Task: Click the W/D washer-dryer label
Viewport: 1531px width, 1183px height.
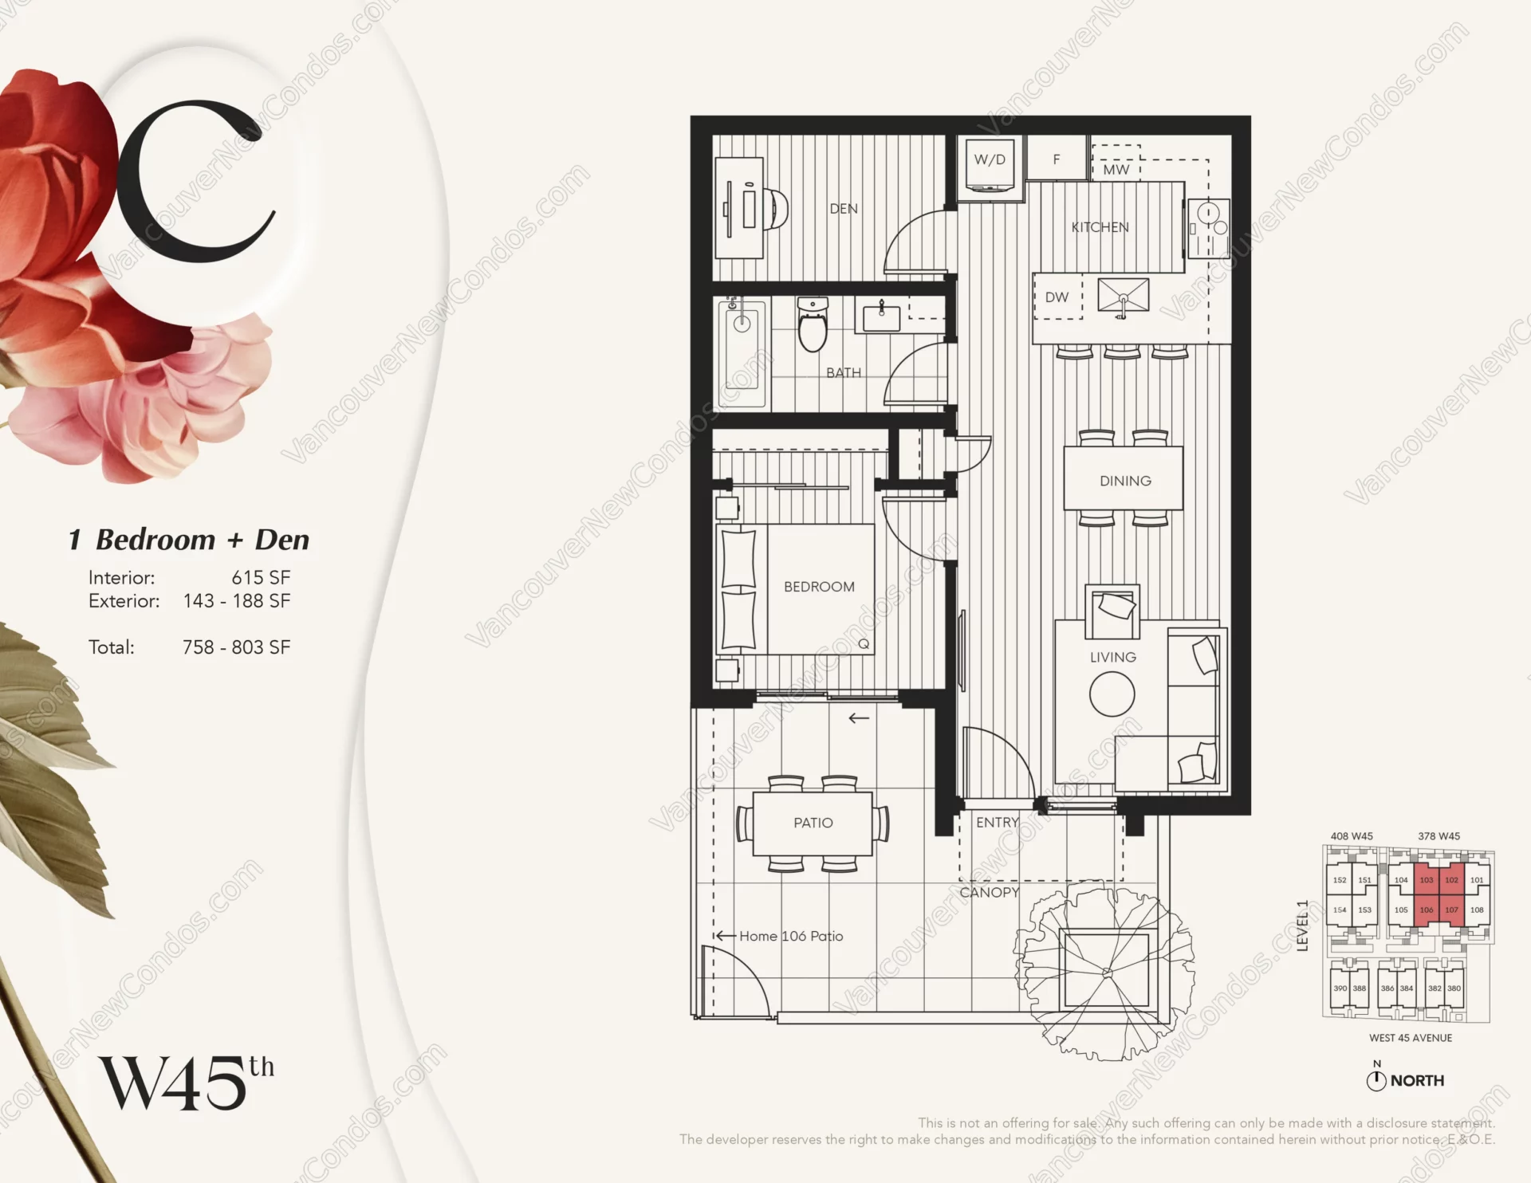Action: coord(990,159)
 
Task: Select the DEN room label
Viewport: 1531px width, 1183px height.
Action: coord(844,209)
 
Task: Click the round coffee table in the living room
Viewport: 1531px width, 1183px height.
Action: coord(1112,694)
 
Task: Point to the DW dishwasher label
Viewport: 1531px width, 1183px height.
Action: coord(1057,297)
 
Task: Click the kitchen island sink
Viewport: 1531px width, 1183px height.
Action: coord(1123,296)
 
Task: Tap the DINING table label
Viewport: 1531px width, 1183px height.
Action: coord(1125,481)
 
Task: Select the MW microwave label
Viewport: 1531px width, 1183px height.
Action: coord(1116,170)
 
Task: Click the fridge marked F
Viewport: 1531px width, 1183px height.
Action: coord(1057,159)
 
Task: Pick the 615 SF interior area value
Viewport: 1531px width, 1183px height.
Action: coord(261,577)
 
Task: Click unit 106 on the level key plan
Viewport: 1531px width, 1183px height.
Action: coord(1427,910)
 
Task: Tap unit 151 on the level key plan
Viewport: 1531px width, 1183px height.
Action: coord(1364,880)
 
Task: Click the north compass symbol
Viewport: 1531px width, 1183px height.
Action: coord(1376,1081)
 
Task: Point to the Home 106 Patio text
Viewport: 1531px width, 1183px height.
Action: coord(790,936)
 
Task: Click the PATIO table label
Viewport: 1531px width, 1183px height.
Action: coord(813,823)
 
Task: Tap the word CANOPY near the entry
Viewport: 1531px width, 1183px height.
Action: coord(989,892)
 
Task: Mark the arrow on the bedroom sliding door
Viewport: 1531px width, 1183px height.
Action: coord(859,718)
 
